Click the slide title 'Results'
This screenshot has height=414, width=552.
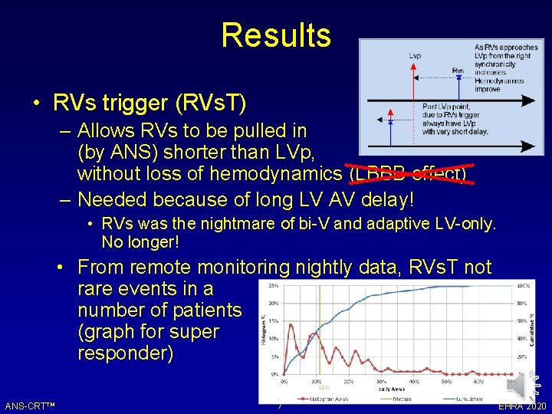click(276, 35)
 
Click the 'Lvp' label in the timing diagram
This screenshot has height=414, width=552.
click(415, 56)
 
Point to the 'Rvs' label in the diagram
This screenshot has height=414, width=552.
click(458, 71)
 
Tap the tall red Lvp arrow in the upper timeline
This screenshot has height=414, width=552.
click(415, 80)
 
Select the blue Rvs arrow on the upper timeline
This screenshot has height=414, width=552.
click(458, 87)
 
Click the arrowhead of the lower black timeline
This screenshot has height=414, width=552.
click(528, 146)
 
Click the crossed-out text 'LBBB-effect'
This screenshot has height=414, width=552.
click(408, 174)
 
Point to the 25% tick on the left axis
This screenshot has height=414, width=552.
click(273, 285)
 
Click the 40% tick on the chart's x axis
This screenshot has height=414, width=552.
click(413, 380)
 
